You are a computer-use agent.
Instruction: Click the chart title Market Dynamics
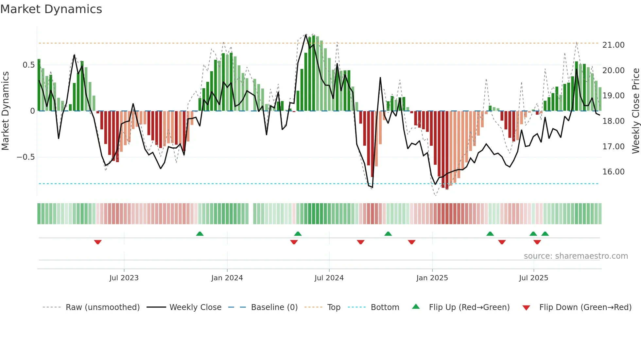point(51,9)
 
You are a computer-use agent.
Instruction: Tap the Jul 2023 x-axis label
point(124,278)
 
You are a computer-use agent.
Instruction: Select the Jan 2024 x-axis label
point(227,278)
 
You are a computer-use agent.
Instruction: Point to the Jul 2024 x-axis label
point(329,278)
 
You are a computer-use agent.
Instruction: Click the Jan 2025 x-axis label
point(432,278)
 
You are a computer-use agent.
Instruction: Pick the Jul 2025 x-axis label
point(533,278)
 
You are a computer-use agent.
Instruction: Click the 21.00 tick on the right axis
point(613,45)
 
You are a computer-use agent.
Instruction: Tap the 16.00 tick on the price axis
point(613,172)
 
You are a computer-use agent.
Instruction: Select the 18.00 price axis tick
point(613,121)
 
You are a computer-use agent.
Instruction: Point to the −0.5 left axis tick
point(26,157)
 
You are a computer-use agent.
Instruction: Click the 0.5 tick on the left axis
point(28,65)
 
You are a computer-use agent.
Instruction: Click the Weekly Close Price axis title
point(635,111)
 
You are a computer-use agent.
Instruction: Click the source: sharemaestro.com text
point(576,256)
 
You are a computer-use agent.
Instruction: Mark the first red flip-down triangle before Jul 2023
point(98,242)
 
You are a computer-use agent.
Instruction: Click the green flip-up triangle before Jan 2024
point(200,234)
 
